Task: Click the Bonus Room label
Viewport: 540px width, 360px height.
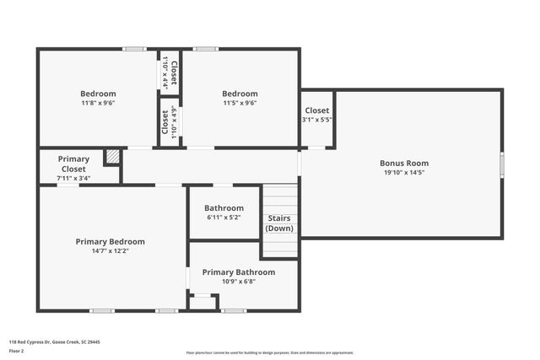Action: coord(405,163)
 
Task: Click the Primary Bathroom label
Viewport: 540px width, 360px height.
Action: coord(244,272)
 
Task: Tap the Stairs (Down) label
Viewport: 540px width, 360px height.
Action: coord(279,223)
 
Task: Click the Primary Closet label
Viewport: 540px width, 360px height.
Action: coord(73,164)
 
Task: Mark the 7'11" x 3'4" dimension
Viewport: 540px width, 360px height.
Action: coord(73,178)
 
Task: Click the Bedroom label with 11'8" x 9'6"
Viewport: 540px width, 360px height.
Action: coord(98,94)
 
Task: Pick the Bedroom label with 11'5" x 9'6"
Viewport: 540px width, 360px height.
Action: coord(240,94)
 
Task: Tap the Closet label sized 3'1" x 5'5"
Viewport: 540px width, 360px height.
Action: coord(317,110)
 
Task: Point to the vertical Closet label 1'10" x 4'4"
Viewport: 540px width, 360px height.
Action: coord(170,71)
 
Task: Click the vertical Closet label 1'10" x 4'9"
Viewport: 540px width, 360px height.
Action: coord(170,121)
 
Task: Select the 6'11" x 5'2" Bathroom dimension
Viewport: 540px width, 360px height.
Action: coord(224,218)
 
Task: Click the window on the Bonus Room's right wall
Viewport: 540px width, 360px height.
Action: coord(501,164)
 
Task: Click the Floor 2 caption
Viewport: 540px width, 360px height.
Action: coord(16,350)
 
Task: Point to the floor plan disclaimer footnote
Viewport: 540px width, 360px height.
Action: coord(270,353)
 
